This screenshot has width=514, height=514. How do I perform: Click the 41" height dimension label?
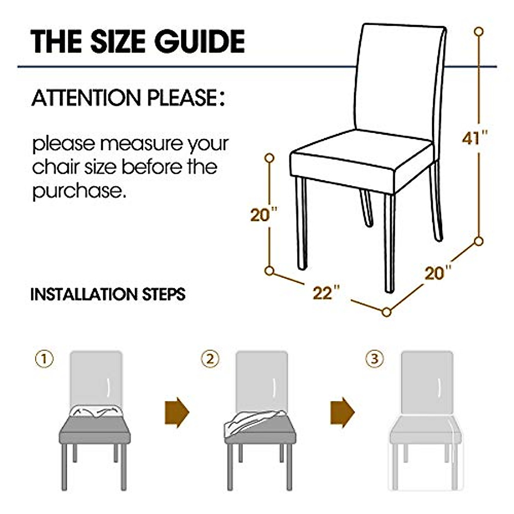[475, 138]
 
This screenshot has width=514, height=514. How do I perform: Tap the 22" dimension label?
[326, 293]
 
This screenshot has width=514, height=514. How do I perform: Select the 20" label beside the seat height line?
[263, 215]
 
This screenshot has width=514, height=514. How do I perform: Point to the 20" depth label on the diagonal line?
[438, 273]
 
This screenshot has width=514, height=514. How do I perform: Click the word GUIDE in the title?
[200, 42]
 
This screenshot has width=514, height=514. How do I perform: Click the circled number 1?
[45, 359]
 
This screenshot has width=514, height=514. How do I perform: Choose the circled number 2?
[210, 359]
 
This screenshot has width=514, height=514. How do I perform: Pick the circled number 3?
[374, 359]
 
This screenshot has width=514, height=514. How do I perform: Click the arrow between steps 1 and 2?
[176, 412]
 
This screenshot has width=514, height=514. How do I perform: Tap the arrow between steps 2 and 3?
[342, 412]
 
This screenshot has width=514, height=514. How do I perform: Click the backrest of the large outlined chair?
[398, 77]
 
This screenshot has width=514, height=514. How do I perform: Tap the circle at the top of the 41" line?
[479, 31]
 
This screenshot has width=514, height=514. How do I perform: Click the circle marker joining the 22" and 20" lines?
[386, 312]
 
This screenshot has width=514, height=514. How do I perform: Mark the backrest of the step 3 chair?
[427, 381]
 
